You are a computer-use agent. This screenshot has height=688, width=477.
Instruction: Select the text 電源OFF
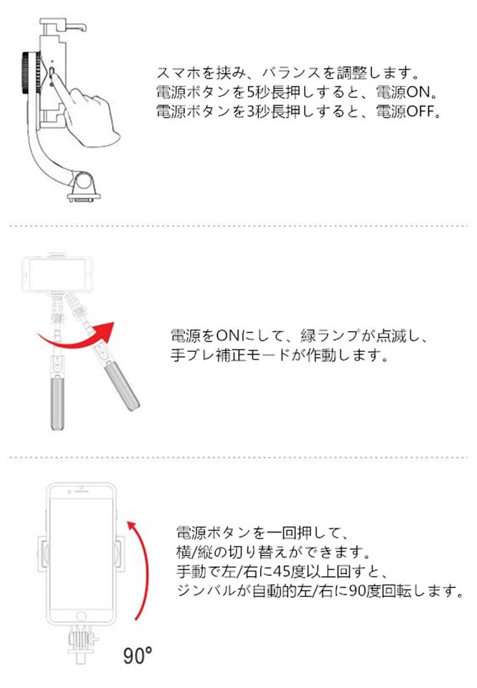click(408, 111)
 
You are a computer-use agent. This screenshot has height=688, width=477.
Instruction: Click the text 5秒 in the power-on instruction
click(258, 92)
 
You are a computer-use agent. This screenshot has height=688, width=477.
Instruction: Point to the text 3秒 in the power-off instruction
click(258, 111)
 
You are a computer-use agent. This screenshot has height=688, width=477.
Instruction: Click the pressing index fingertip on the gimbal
click(53, 74)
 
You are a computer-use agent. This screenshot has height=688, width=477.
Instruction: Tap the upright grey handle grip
click(57, 404)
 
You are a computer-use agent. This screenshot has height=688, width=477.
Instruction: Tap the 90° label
click(137, 655)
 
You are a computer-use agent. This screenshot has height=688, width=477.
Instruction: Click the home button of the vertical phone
click(81, 616)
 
